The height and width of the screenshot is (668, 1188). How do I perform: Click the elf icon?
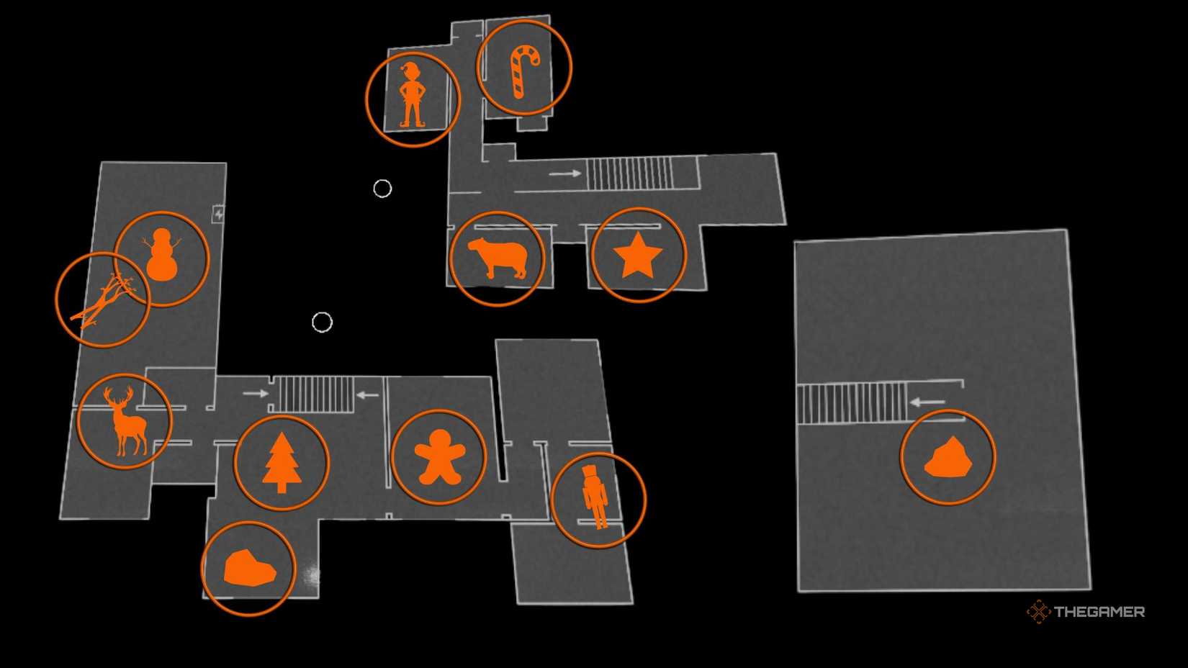tap(412, 96)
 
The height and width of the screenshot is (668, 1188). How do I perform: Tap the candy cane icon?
tap(524, 71)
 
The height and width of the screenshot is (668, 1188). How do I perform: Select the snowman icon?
tap(162, 256)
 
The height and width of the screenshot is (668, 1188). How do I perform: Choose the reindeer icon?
tap(125, 422)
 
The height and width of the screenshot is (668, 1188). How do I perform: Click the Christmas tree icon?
tap(282, 463)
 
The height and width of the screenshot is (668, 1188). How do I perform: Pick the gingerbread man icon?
tap(439, 457)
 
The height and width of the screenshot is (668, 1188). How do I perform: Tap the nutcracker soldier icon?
tap(595, 497)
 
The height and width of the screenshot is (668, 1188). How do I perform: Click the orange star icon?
tap(638, 256)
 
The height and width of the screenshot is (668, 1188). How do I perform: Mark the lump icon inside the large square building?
tap(948, 459)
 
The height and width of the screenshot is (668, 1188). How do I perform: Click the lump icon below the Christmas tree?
tap(249, 569)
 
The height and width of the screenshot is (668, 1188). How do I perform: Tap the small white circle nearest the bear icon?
tap(382, 189)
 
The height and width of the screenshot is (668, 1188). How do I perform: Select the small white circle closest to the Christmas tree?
tap(322, 322)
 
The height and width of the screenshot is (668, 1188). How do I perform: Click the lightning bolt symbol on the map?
tap(218, 214)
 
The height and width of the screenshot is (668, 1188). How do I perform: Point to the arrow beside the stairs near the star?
tap(564, 173)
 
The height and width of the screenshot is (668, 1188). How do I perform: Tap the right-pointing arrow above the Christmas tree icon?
tap(255, 393)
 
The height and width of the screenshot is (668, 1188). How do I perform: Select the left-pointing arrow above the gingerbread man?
tap(367, 394)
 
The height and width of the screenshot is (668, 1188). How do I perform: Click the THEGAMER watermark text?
tap(1099, 612)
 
